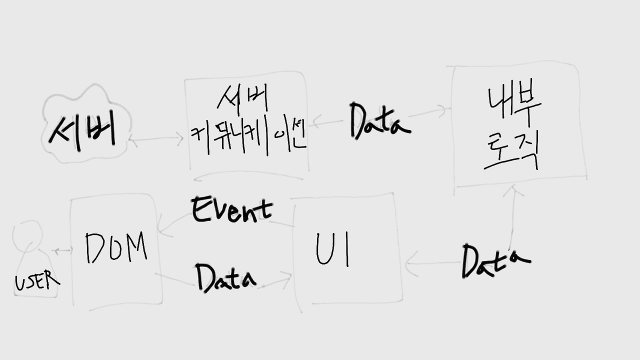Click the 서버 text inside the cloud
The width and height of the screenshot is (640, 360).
[82, 131]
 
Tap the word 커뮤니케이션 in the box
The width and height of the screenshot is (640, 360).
[248, 137]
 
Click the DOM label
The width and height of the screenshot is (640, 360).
[116, 247]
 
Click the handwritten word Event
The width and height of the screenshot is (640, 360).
[232, 210]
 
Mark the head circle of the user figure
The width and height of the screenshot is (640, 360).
[26, 233]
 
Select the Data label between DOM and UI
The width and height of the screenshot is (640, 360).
[225, 278]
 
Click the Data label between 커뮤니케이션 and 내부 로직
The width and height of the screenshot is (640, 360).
[379, 121]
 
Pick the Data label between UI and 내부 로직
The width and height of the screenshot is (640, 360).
[494, 260]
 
